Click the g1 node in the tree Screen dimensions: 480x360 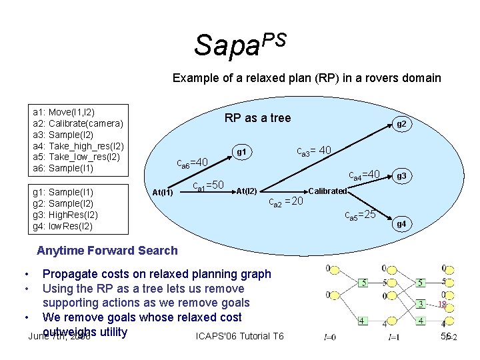(x=242, y=153)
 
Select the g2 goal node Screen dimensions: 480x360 (x=401, y=124)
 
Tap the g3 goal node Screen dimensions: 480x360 (x=401, y=177)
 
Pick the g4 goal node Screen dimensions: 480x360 (x=401, y=224)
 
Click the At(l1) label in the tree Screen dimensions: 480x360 (x=163, y=193)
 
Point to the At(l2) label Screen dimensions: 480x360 (x=247, y=192)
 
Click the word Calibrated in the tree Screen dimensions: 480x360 (x=328, y=191)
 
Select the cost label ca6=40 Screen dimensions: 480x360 (x=192, y=161)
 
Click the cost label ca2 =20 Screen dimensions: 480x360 (x=285, y=202)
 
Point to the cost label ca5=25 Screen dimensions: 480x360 (x=360, y=214)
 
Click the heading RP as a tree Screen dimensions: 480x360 (x=257, y=118)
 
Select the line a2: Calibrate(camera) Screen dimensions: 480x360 (x=78, y=123)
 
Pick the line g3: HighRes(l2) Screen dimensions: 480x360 (x=65, y=215)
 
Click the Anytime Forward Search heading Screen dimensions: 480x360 (x=107, y=251)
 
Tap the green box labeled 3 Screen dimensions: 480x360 (x=420, y=305)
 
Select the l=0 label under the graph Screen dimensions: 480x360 (x=329, y=337)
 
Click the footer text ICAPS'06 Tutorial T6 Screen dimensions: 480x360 (x=240, y=335)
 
